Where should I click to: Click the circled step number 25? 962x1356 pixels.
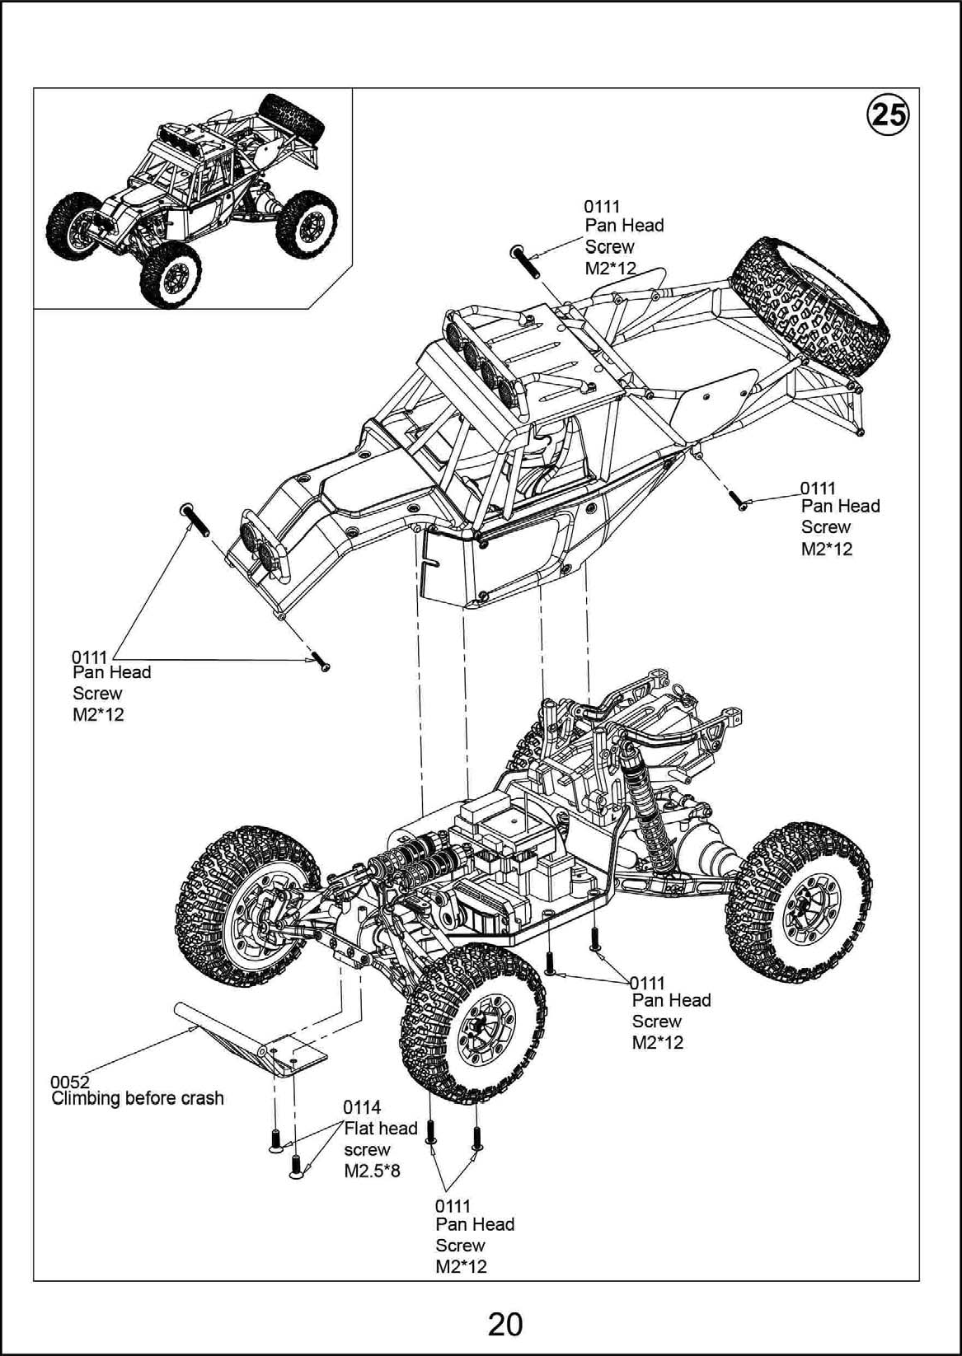888,115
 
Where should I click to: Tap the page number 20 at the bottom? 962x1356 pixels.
504,1325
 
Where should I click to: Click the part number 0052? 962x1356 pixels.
69,1082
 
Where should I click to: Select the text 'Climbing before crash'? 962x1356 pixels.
138,1098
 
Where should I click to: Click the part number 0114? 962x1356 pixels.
362,1107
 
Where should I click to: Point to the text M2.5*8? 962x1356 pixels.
372,1171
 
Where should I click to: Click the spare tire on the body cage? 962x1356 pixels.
811,306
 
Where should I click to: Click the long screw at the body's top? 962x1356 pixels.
524,261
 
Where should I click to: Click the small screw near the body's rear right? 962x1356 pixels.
736,499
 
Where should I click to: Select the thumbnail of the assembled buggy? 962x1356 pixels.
192,198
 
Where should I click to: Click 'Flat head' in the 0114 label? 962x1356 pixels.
380,1129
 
